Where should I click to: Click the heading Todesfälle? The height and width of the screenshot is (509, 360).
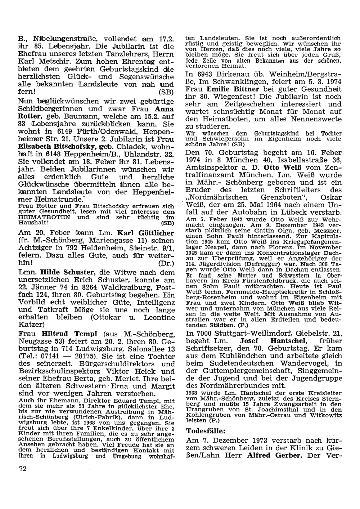click(x=206, y=431)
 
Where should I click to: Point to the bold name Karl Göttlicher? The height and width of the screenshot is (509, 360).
click(x=146, y=233)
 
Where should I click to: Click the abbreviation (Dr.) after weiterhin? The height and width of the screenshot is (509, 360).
click(x=166, y=263)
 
